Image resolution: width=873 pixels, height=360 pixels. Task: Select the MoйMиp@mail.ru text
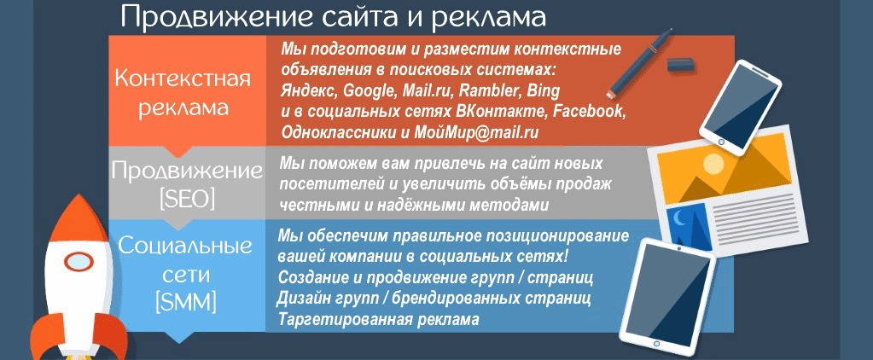point(476,132)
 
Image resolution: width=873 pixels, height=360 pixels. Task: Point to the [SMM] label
point(186,303)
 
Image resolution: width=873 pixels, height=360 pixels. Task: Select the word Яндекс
point(309,90)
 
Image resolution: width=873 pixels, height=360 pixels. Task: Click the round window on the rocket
point(79,262)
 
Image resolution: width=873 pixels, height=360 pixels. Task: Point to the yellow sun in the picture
point(713,164)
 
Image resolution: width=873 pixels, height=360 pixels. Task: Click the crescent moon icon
point(680,220)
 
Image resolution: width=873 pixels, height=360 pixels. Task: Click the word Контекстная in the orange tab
point(183,79)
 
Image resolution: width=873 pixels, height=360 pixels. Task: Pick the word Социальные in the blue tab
point(186,246)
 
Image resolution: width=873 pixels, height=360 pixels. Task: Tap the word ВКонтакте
point(503,111)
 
